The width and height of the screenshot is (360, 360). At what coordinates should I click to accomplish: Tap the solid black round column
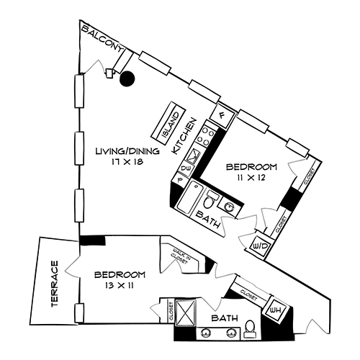point(127,79)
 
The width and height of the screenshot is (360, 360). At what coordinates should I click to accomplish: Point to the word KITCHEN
point(186,136)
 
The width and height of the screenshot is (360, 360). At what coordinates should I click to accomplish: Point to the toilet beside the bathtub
point(212,197)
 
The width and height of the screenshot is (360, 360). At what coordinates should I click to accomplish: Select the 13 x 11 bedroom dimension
point(121,286)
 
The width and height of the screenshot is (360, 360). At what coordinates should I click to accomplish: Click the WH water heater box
point(275,310)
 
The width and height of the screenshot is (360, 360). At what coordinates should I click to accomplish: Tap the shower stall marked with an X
point(186,314)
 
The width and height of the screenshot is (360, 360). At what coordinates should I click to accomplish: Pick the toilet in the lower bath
point(250,330)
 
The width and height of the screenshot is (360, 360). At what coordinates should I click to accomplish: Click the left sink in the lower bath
point(208,333)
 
